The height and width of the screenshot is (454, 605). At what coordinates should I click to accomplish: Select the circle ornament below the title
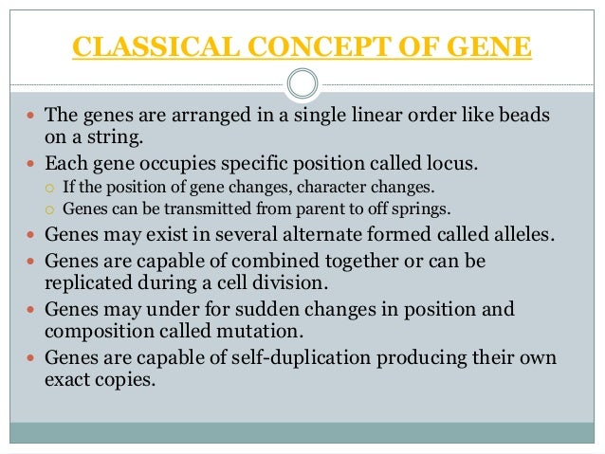[302, 84]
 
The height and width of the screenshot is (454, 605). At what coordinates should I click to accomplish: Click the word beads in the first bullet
[528, 117]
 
